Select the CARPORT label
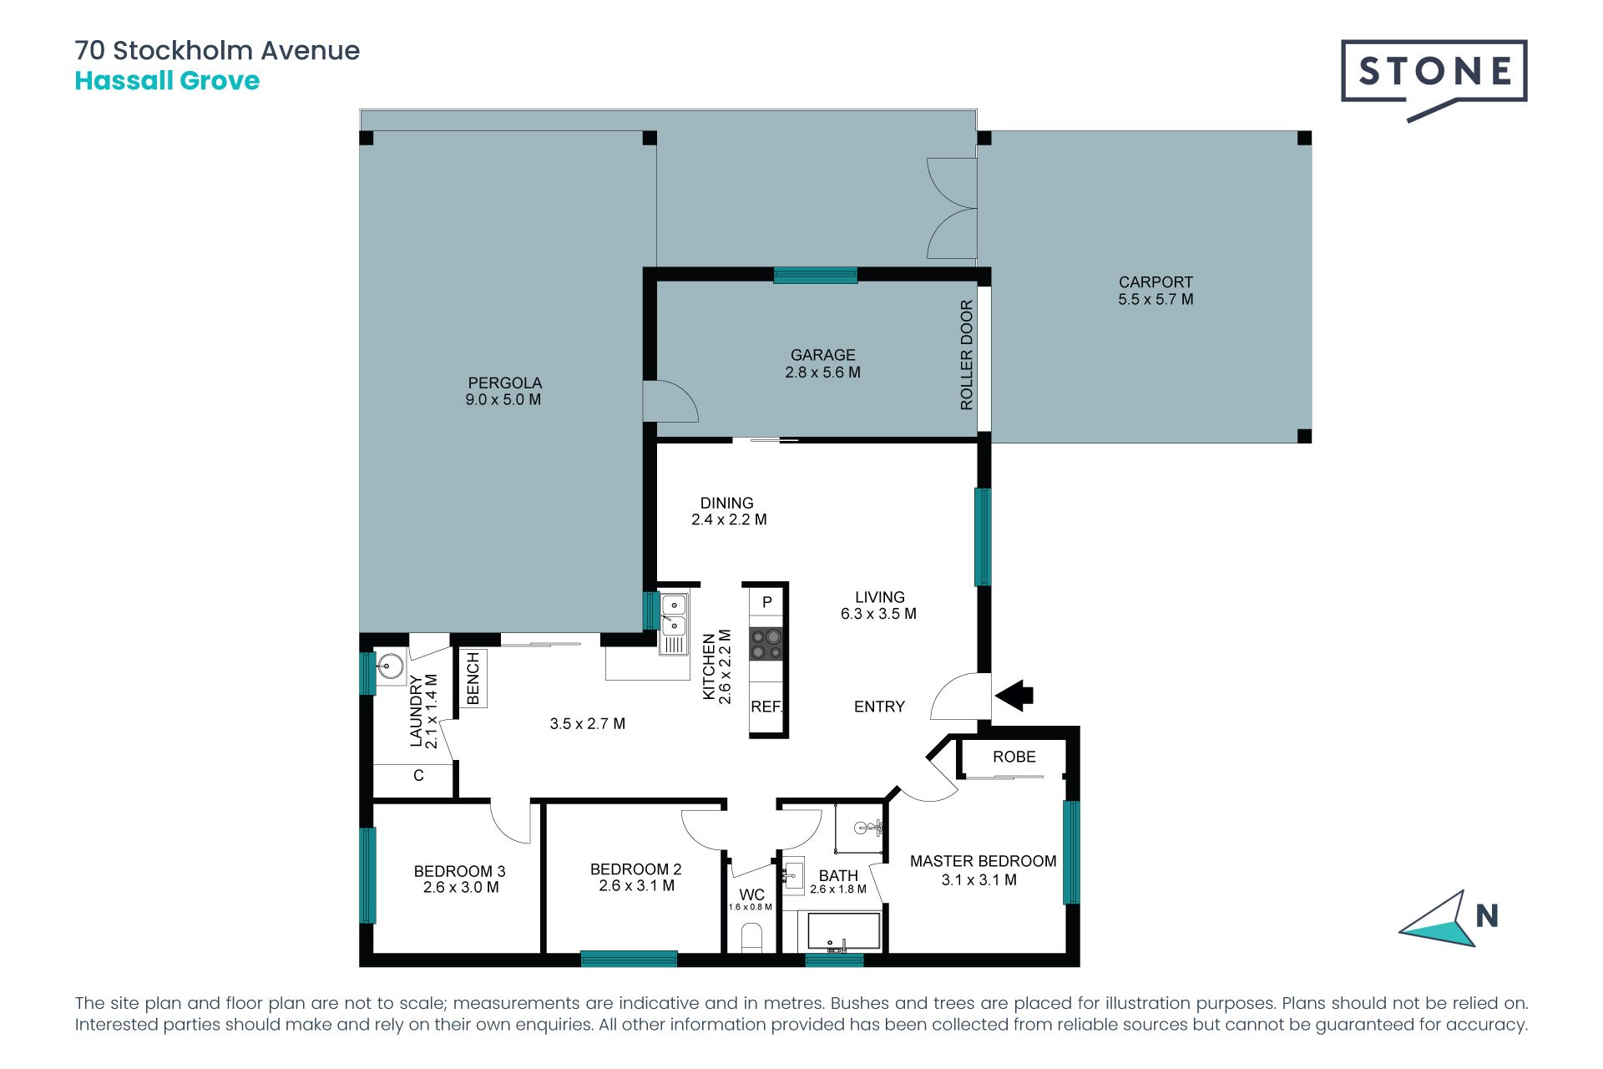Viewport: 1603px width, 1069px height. point(1155,282)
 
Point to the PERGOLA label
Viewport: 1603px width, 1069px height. point(504,383)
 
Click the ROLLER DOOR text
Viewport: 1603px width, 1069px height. point(967,355)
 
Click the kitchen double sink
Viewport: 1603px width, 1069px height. point(674,623)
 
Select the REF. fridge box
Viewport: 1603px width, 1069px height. point(766,707)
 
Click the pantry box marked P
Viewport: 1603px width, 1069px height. point(766,602)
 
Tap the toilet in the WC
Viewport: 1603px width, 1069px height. point(751,937)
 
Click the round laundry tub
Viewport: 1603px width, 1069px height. point(390,666)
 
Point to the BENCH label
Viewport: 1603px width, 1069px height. point(473,678)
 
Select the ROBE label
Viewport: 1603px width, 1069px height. point(1014,757)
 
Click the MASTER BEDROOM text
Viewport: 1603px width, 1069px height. point(983,861)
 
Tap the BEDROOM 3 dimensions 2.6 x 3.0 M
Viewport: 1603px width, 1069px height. point(461,887)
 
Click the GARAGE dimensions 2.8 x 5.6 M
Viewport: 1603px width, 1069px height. point(822,372)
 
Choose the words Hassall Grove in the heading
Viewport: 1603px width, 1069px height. point(167,81)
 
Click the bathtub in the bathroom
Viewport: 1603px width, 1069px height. point(839,932)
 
